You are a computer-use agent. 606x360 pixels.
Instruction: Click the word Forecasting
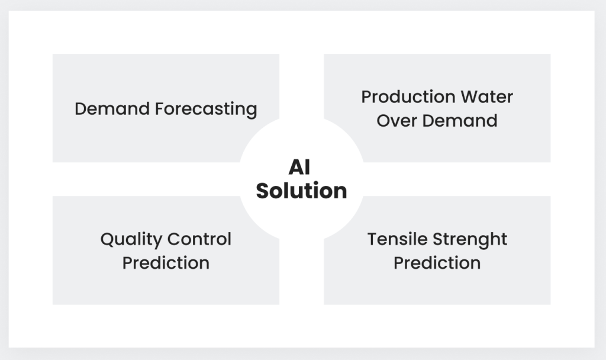click(x=206, y=110)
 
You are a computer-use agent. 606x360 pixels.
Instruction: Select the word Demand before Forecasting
click(x=112, y=109)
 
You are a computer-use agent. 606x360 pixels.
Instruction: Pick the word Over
click(x=397, y=121)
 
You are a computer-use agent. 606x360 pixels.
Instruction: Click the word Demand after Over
click(x=460, y=120)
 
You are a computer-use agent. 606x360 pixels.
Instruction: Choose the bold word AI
click(x=299, y=168)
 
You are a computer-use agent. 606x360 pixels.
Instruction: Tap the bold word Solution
click(x=301, y=191)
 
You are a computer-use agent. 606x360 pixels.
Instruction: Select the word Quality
click(x=131, y=240)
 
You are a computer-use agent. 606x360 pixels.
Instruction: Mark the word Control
click(x=199, y=239)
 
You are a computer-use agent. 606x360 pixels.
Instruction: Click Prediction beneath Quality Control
click(x=166, y=263)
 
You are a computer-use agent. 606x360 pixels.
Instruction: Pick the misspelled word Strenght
click(x=470, y=240)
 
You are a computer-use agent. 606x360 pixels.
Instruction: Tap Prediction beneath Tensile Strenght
click(x=437, y=263)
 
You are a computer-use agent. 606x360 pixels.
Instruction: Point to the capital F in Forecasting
click(x=159, y=109)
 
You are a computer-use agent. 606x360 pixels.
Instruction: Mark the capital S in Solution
click(x=263, y=191)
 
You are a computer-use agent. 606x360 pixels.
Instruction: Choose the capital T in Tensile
click(x=373, y=239)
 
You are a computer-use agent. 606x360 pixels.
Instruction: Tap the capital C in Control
click(x=174, y=239)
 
